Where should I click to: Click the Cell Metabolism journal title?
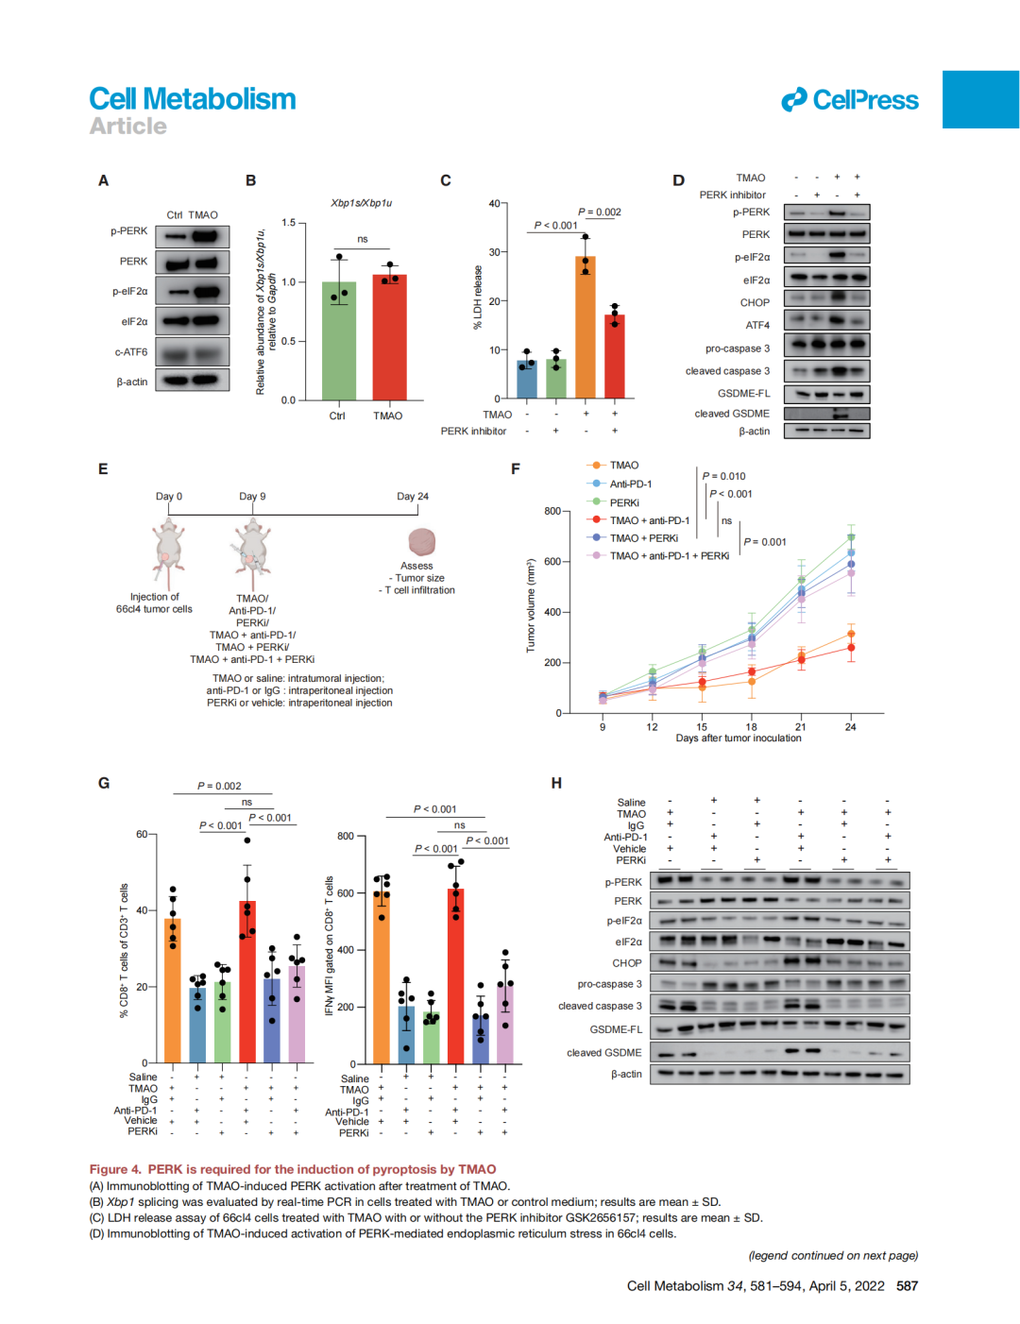[x=193, y=99]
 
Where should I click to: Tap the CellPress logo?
[x=849, y=100]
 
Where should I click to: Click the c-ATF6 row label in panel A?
[x=131, y=352]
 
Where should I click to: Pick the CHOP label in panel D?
[x=755, y=303]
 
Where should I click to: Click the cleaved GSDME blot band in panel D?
[x=826, y=414]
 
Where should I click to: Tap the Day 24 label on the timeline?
[x=413, y=497]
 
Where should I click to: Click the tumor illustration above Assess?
[x=421, y=542]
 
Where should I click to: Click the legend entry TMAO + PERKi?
[x=643, y=538]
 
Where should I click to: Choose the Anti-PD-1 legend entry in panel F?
[x=630, y=484]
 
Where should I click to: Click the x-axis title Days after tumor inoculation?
[x=739, y=738]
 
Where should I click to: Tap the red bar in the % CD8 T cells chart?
[x=247, y=982]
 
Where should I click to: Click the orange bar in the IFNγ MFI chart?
[x=382, y=982]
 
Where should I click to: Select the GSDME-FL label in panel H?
[x=616, y=1029]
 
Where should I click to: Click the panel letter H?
[x=556, y=783]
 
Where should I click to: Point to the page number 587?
[x=907, y=1286]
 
